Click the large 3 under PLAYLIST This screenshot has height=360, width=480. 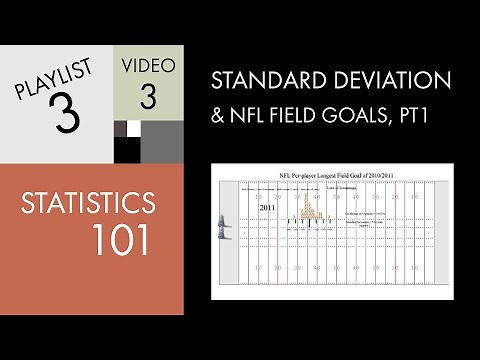(x=65, y=115)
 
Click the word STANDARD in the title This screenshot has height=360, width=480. (x=262, y=79)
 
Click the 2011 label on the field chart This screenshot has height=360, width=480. (x=267, y=208)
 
